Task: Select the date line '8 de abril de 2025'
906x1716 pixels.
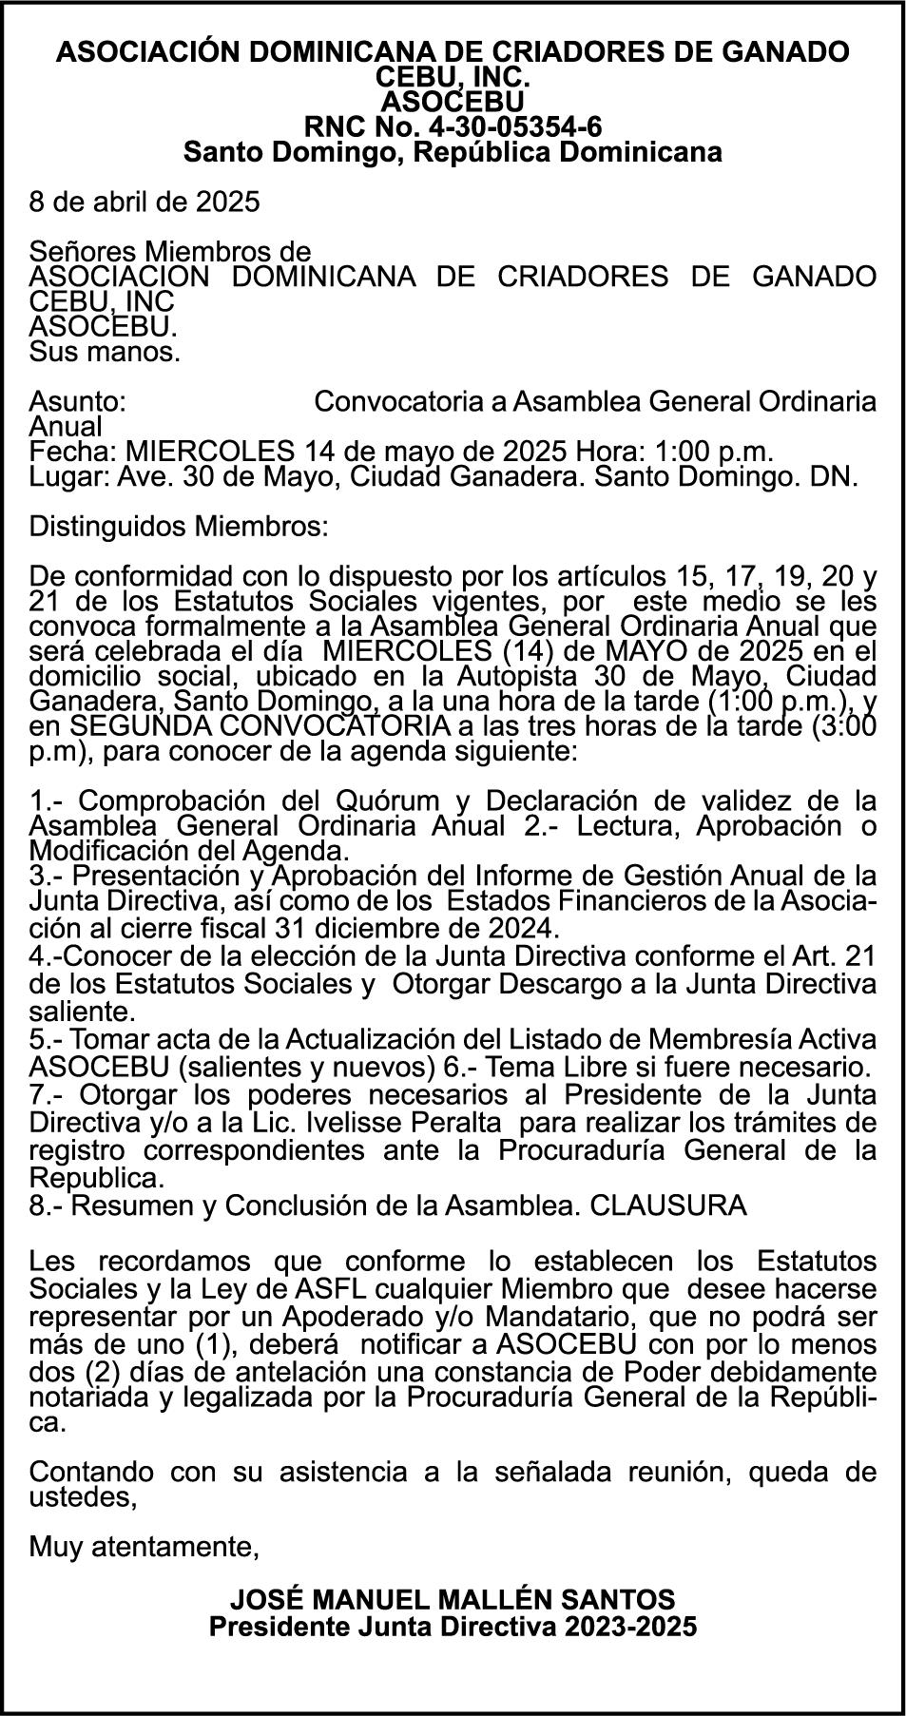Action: pyautogui.click(x=145, y=202)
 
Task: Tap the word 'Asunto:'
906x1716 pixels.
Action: pyautogui.click(x=78, y=401)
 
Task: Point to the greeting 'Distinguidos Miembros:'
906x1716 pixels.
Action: pyautogui.click(x=180, y=526)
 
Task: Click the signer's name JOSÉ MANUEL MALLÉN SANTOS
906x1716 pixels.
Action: pyautogui.click(x=453, y=1598)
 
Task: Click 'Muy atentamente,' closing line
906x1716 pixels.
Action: pyautogui.click(x=145, y=1547)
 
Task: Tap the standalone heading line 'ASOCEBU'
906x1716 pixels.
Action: pyautogui.click(x=453, y=101)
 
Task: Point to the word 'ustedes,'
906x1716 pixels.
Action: pyautogui.click(x=84, y=1497)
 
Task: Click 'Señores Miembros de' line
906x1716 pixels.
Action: pyautogui.click(x=170, y=252)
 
